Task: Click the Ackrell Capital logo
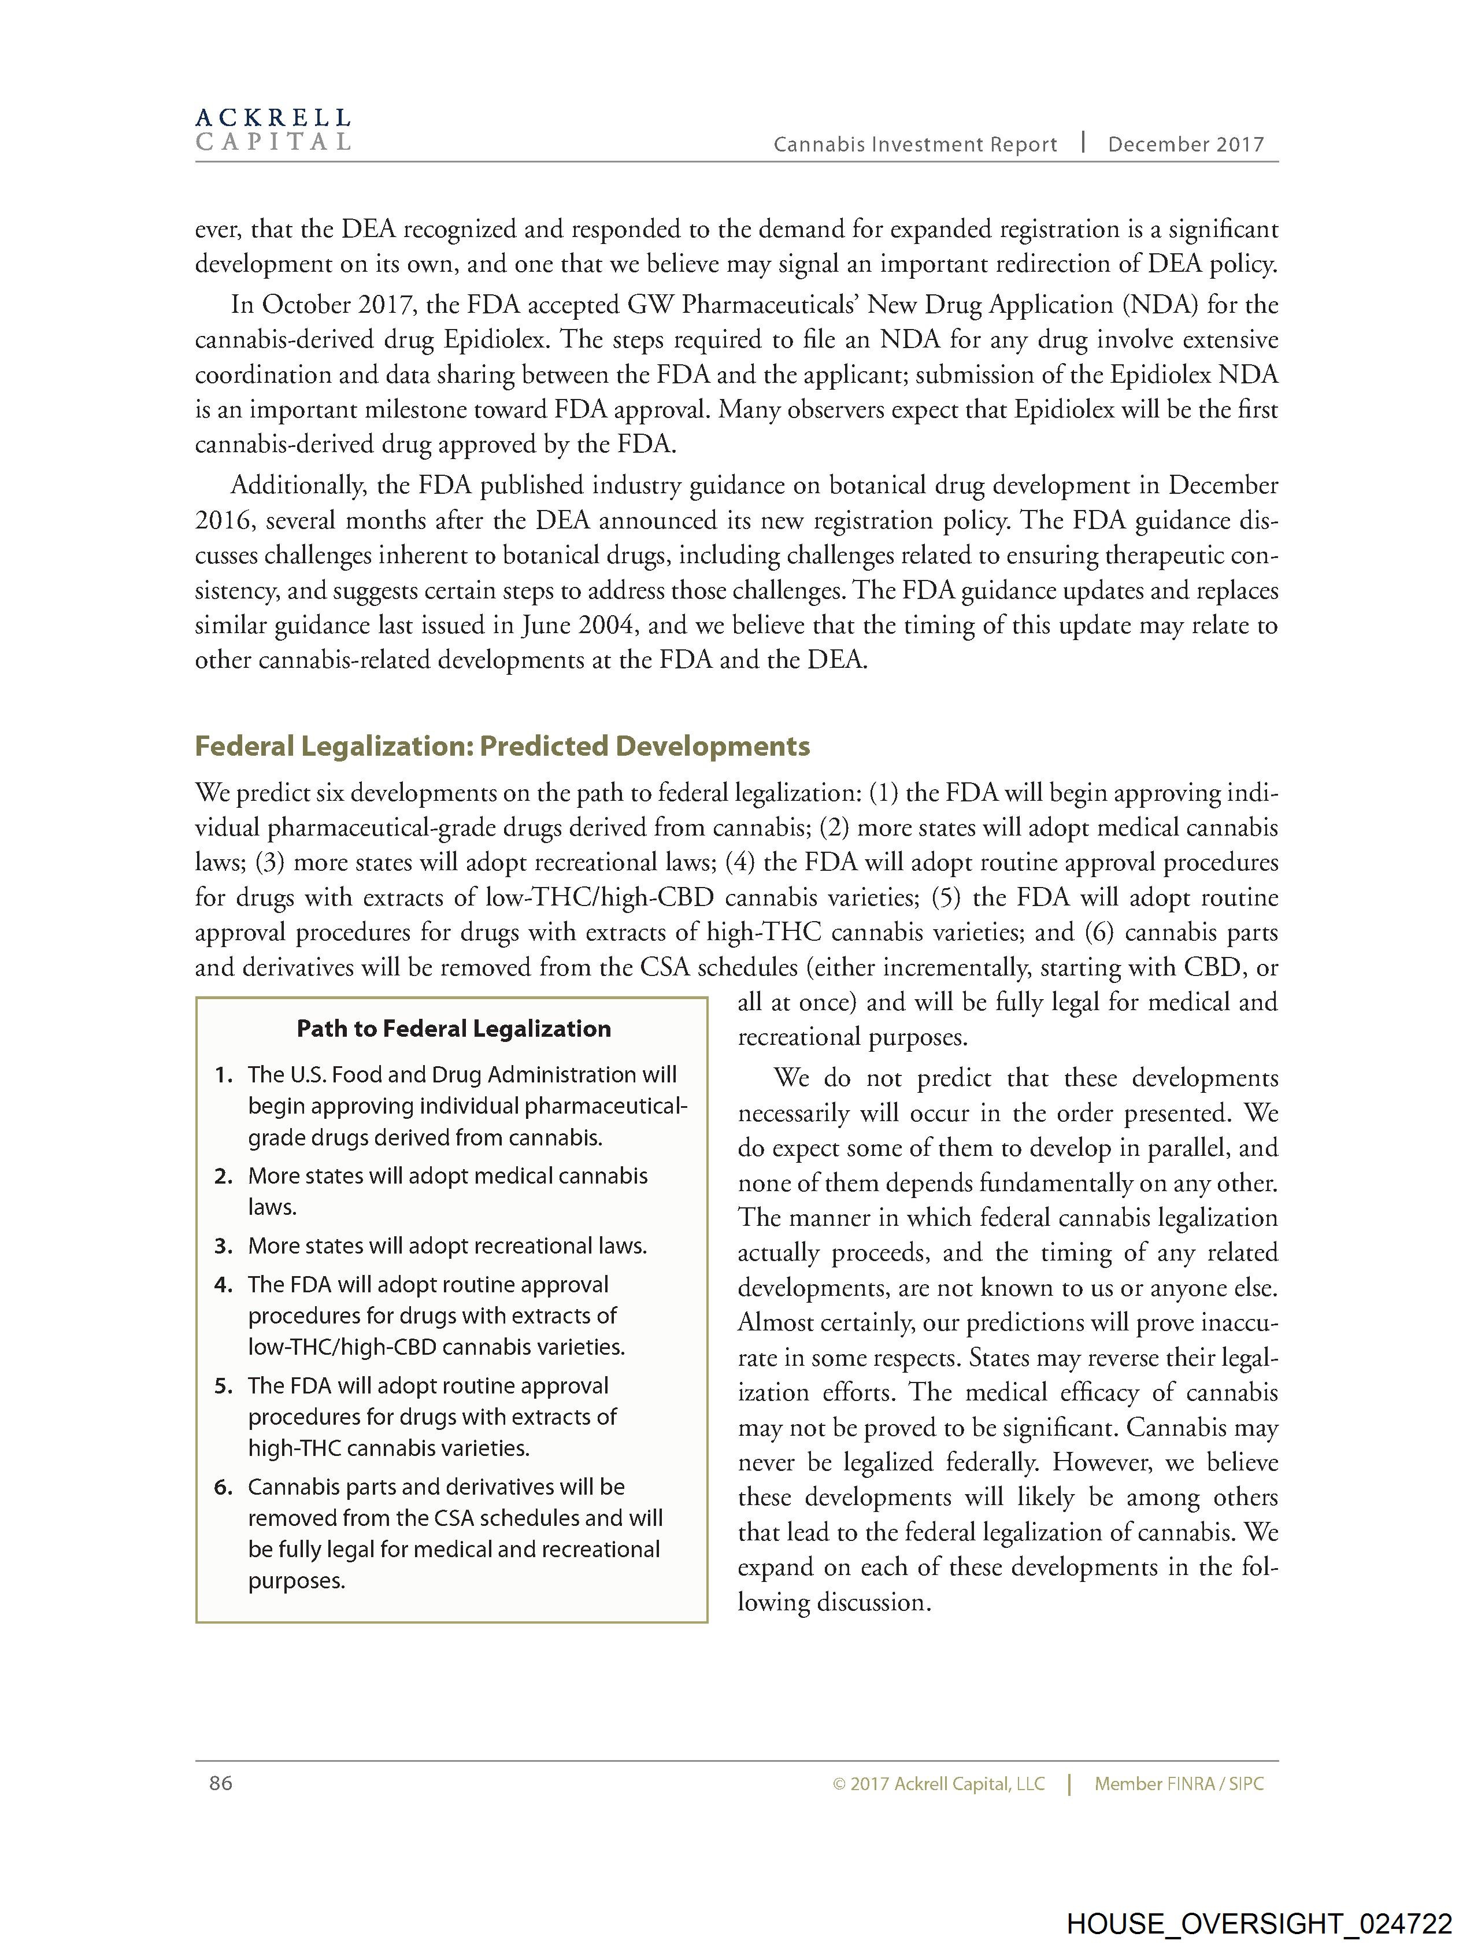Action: point(273,130)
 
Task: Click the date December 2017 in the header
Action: point(1185,145)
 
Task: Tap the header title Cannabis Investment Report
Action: point(915,145)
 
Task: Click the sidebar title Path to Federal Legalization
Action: point(453,1029)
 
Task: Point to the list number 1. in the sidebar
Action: point(224,1075)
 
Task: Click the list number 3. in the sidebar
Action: point(224,1246)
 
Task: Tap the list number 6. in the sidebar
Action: point(224,1487)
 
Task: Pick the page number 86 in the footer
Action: point(221,1783)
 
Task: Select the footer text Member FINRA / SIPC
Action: point(1178,1784)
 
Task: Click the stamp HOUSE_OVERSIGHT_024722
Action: point(1259,1923)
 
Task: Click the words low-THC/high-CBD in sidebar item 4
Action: point(342,1347)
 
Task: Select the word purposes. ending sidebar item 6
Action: point(297,1581)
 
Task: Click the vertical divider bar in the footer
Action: point(1069,1784)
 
